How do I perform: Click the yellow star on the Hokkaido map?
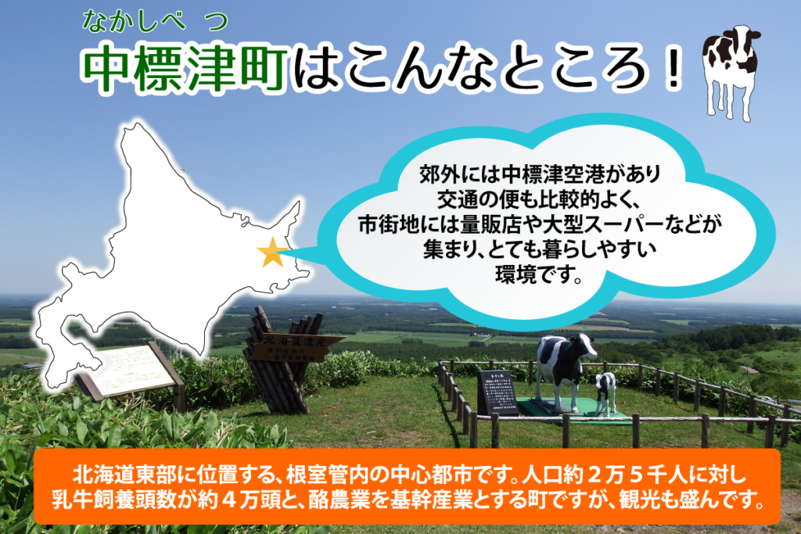tap(271, 252)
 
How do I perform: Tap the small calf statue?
tap(605, 392)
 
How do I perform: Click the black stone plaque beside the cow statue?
tap(497, 392)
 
